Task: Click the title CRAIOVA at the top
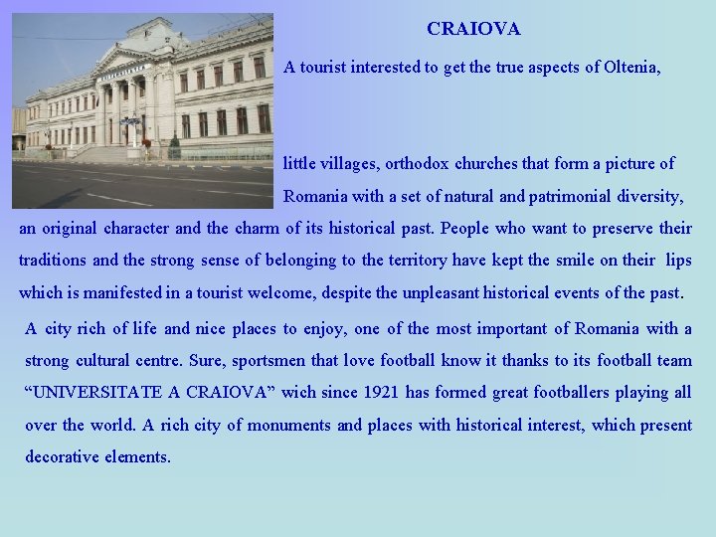(x=473, y=30)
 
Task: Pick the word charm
(x=258, y=228)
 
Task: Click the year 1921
(x=379, y=392)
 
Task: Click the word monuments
(x=289, y=425)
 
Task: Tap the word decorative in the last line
(x=63, y=457)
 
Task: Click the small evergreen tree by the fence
(x=174, y=147)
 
